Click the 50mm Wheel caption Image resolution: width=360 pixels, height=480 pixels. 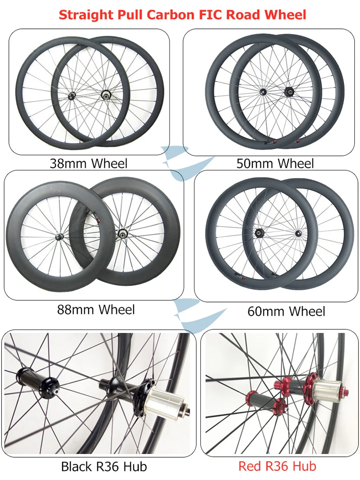[275, 163]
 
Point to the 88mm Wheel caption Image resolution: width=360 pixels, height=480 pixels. [96, 309]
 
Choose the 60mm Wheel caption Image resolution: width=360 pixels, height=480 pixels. [286, 311]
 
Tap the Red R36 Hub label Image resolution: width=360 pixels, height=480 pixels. [277, 466]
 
